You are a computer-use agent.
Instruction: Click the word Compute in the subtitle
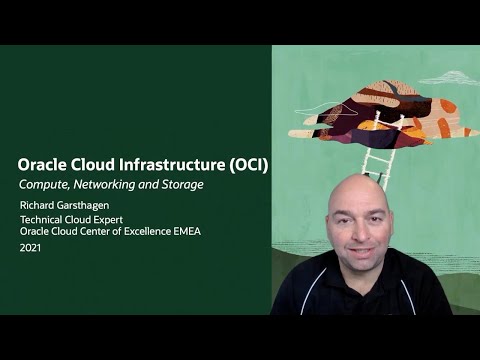point(45,185)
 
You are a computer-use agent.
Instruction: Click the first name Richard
point(40,206)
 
